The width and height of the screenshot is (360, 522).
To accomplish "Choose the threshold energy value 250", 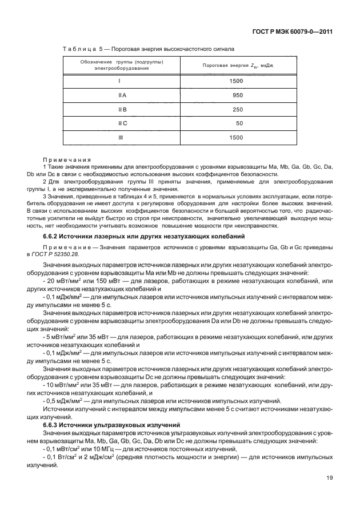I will [238, 109].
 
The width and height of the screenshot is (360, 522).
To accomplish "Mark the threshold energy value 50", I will [240, 123].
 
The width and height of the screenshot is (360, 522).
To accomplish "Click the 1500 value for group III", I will [235, 138].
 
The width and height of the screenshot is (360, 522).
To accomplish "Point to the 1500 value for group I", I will [235, 81].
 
